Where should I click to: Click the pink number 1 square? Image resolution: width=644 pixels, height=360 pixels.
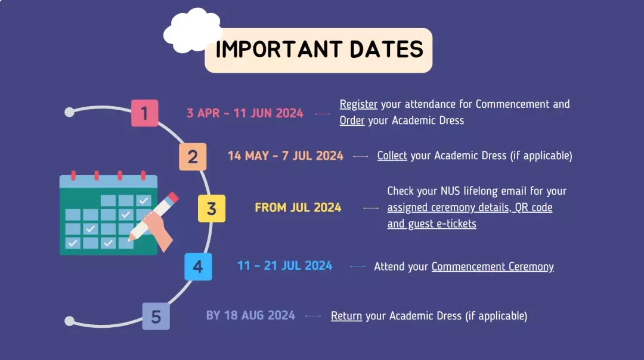[x=144, y=113]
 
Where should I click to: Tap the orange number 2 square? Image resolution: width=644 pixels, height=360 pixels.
[x=193, y=157]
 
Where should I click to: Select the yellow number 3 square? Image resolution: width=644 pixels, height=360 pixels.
[x=212, y=209]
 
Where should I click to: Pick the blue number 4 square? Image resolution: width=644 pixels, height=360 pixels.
[x=198, y=267]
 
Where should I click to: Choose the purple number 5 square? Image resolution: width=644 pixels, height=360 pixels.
[x=156, y=316]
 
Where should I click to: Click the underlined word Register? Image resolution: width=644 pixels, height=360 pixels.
[x=358, y=105]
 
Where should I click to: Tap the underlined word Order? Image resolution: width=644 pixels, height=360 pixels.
[x=352, y=120]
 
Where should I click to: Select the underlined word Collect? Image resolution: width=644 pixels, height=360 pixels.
[x=392, y=156]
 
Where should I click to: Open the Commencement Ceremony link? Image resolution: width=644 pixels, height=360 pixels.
[x=493, y=267]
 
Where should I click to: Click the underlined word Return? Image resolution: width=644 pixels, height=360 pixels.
[x=346, y=316]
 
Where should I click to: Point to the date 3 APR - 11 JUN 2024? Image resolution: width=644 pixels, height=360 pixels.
[x=245, y=113]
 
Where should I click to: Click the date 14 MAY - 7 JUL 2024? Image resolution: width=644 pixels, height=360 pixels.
[x=286, y=156]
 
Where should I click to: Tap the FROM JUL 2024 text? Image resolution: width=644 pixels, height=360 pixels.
[x=298, y=207]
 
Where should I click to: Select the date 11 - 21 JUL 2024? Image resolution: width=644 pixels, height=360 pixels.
[x=284, y=266]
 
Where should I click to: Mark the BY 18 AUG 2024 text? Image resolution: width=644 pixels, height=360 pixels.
[x=250, y=315]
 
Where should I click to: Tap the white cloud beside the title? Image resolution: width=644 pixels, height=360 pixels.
[x=192, y=31]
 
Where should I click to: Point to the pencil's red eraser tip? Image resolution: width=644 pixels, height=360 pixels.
[x=174, y=197]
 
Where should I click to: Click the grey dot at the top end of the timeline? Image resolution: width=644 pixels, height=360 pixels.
[x=69, y=112]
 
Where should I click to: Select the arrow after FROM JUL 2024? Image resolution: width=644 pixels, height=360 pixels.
[x=371, y=208]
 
